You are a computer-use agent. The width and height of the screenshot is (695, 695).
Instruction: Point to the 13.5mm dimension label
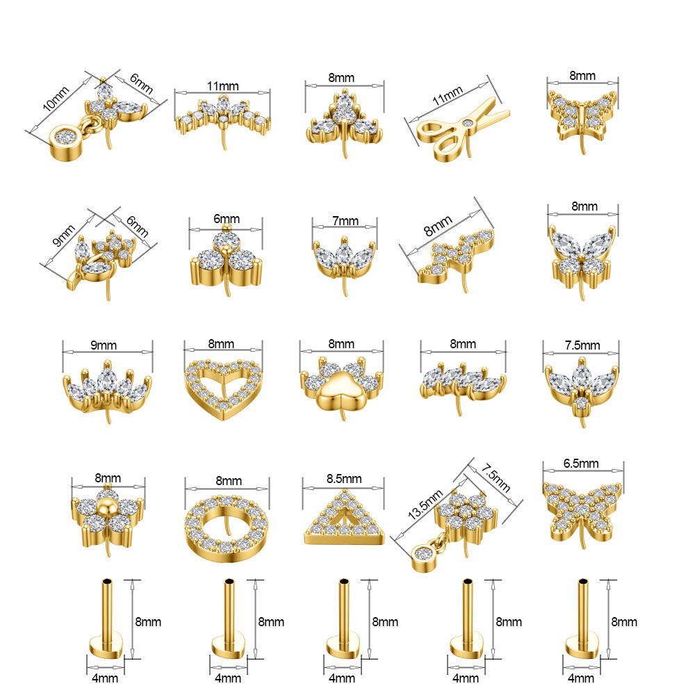click(425, 505)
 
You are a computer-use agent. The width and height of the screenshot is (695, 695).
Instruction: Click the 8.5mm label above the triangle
click(344, 479)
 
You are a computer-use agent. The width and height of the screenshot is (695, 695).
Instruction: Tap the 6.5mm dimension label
click(580, 464)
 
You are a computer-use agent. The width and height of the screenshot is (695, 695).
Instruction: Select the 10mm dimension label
click(56, 99)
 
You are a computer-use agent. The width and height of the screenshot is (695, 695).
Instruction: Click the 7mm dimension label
click(345, 221)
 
